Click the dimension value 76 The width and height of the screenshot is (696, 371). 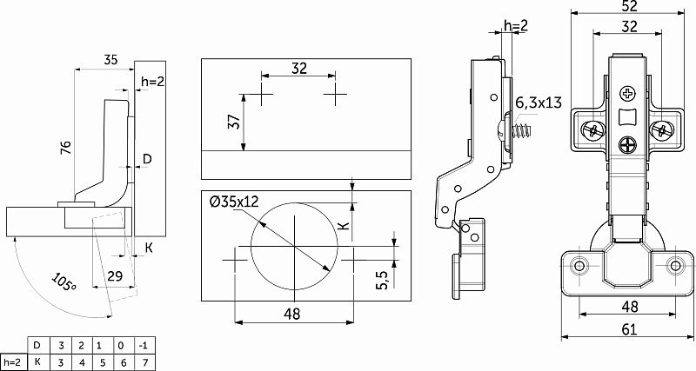click(66, 148)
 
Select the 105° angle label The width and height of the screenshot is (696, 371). click(64, 282)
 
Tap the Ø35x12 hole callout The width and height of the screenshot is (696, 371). click(234, 202)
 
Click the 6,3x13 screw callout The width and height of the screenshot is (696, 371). click(539, 103)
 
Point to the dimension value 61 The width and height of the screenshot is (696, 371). click(629, 329)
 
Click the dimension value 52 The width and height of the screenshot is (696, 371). click(629, 6)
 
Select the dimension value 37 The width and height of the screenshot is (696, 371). click(236, 122)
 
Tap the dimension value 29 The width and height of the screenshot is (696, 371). click(115, 276)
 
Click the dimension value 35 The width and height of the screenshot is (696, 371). click(110, 60)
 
